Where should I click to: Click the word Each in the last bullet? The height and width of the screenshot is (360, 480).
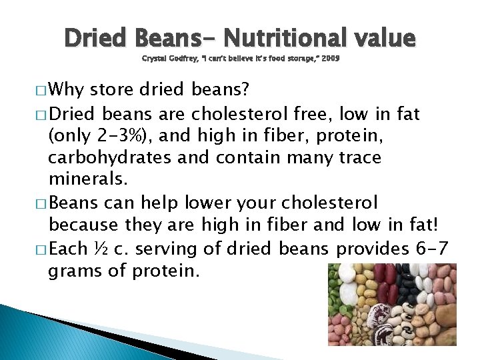click(x=69, y=249)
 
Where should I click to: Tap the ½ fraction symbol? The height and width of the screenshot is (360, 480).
click(x=101, y=249)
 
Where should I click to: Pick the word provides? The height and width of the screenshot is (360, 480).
click(x=370, y=249)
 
